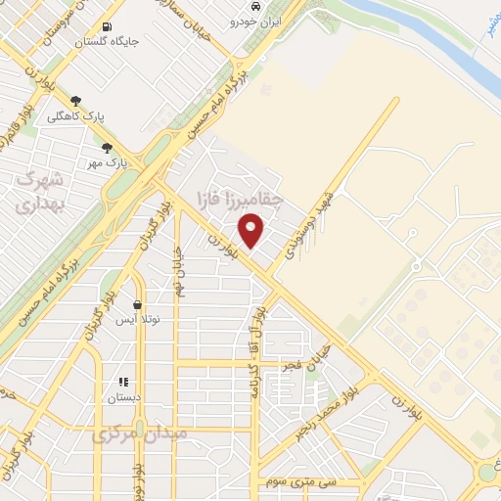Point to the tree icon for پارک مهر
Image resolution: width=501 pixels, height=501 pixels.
click(x=107, y=148)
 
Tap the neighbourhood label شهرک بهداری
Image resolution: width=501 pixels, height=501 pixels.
click(x=40, y=193)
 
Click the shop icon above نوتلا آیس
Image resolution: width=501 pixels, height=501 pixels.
click(x=137, y=305)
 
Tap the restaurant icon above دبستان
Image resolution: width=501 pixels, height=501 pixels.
click(x=123, y=383)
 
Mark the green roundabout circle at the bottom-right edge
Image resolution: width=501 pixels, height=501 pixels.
click(x=488, y=474)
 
